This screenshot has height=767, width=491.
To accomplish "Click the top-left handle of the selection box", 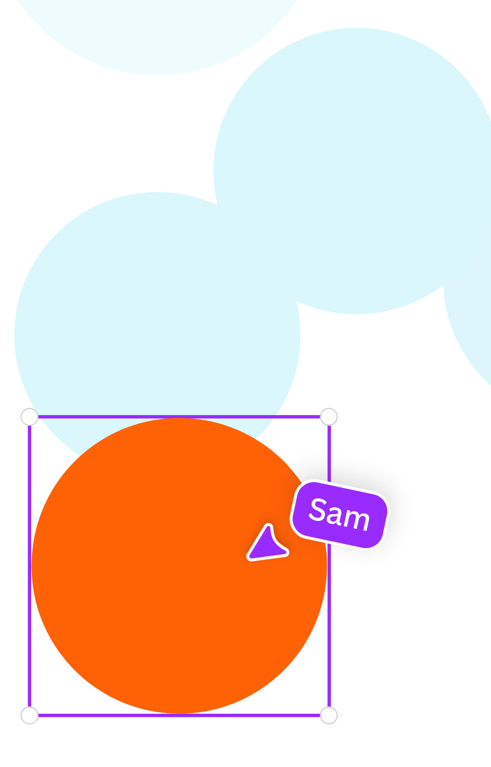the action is click(x=29, y=417).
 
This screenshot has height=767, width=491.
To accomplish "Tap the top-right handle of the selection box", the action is click(x=329, y=417).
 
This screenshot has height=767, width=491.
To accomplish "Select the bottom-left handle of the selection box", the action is click(x=29, y=715).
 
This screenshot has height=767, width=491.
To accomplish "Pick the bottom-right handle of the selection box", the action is click(x=329, y=715).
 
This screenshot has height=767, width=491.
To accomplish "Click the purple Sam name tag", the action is click(x=340, y=515).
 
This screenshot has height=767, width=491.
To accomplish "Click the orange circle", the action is click(x=179, y=566).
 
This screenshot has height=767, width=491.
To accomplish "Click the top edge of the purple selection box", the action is click(x=179, y=417).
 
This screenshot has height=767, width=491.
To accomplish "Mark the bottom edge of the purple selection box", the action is click(x=179, y=715).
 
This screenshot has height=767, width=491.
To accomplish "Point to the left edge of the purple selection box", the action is click(x=29, y=566).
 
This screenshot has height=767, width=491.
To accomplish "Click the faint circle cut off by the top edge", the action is click(x=158, y=32).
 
